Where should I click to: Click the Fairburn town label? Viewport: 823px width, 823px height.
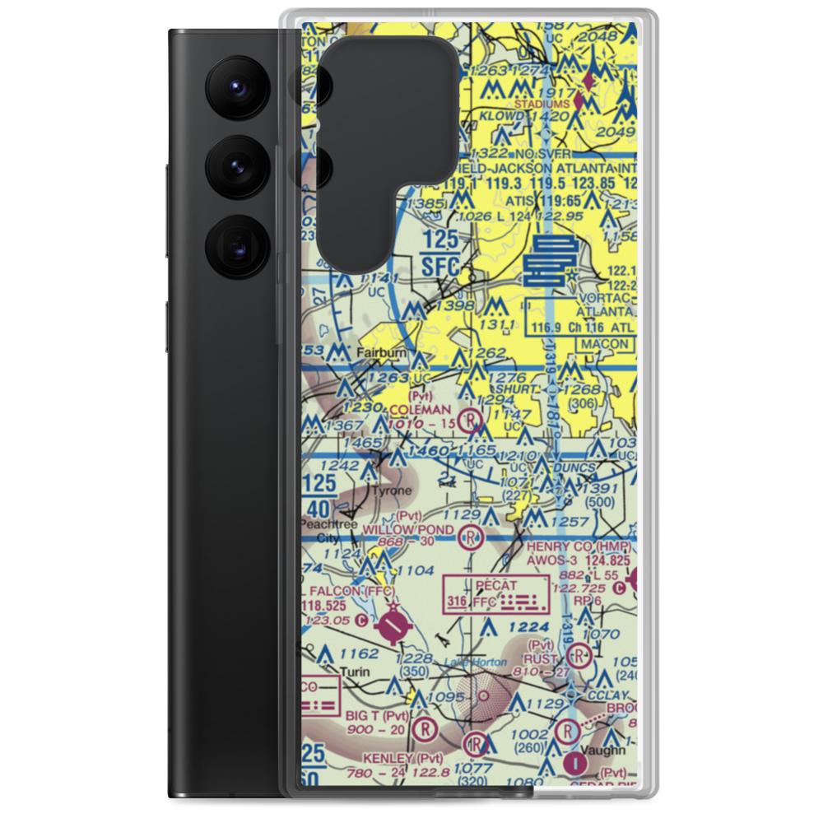(x=382, y=353)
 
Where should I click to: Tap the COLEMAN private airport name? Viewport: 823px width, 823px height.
(x=420, y=409)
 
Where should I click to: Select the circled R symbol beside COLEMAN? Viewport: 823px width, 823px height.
(x=469, y=421)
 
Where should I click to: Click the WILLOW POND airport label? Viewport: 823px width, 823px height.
(x=408, y=528)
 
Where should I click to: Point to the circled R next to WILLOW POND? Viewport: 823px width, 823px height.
(x=469, y=539)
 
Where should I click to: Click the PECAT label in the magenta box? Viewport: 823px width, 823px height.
(x=496, y=585)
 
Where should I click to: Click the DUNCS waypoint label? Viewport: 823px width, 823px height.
(x=574, y=467)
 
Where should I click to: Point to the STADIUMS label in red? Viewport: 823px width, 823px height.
(x=541, y=105)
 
